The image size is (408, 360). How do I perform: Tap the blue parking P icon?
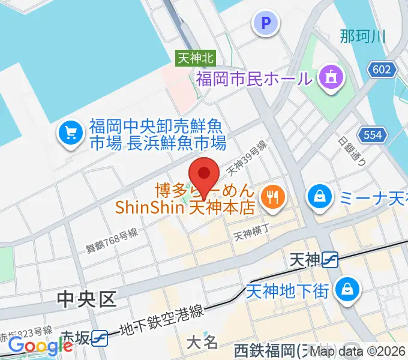(x=267, y=24)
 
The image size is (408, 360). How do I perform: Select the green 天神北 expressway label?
(x=196, y=58)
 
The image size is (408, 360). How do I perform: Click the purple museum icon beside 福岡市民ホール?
(x=331, y=77)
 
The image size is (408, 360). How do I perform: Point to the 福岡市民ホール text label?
(x=254, y=78)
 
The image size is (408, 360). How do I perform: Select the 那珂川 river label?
(x=362, y=36)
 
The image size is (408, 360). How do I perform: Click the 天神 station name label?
(x=304, y=260)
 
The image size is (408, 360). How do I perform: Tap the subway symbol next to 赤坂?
(x=100, y=338)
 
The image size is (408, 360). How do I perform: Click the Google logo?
(x=40, y=346)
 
